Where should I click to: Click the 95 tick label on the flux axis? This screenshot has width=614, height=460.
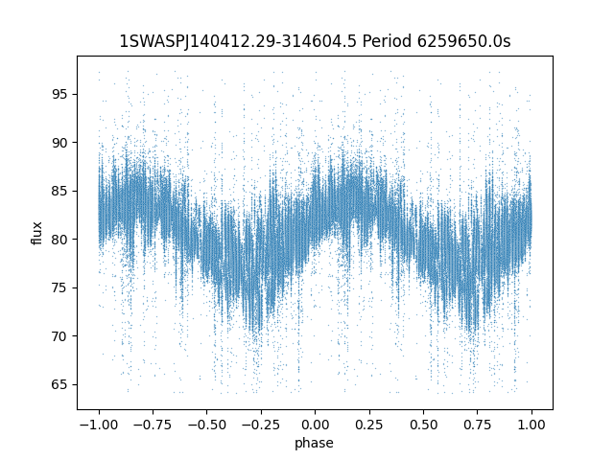(x=59, y=95)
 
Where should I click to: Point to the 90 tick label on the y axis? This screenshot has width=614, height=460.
(x=59, y=143)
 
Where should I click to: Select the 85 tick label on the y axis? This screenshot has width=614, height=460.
(x=59, y=192)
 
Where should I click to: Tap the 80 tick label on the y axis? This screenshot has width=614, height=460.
(x=59, y=240)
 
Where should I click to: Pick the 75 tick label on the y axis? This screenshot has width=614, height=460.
(x=59, y=287)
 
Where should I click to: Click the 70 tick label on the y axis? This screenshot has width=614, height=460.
(x=59, y=336)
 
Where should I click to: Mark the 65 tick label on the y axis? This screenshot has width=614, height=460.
(x=59, y=384)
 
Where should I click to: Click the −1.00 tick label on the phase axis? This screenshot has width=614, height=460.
(x=99, y=425)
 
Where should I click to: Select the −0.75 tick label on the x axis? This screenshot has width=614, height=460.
(x=153, y=425)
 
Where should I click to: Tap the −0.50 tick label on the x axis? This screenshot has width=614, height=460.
(x=207, y=425)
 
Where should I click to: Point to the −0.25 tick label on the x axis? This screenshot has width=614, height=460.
(x=261, y=425)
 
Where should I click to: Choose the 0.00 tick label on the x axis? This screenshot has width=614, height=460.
(x=316, y=425)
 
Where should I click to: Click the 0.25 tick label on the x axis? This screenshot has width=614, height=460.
(x=369, y=425)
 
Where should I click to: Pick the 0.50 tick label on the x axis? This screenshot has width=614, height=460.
(x=423, y=425)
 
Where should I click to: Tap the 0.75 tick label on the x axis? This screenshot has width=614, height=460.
(x=478, y=425)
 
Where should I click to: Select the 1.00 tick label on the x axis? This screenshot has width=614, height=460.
(x=531, y=425)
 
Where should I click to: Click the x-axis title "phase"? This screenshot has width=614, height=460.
(x=314, y=443)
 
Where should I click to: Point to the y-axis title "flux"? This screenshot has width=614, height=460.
(x=36, y=233)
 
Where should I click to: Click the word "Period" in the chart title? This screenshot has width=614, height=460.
(x=387, y=41)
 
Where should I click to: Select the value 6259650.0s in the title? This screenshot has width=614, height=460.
(x=463, y=41)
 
